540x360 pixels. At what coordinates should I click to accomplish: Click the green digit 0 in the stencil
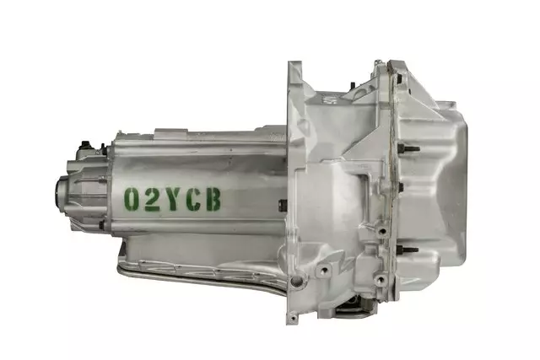[132, 199]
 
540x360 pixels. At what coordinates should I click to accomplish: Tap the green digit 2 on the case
[151, 199]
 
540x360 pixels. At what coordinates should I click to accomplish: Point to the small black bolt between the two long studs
[402, 187]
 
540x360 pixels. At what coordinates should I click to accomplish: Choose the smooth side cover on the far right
[456, 194]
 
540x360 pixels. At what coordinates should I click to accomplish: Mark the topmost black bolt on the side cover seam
[394, 85]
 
